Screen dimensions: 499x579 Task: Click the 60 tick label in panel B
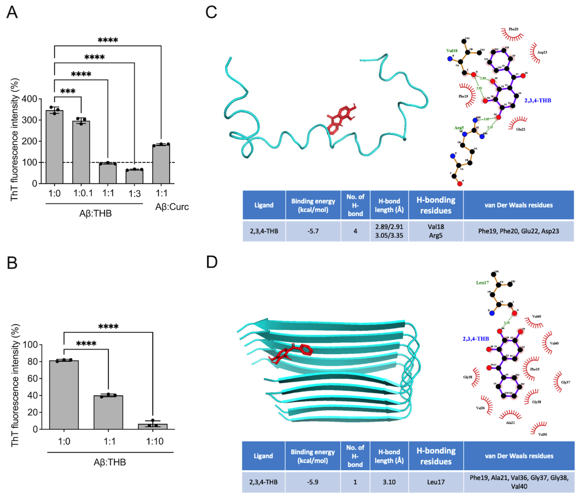(x=33, y=378)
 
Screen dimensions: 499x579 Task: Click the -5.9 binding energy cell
(x=312, y=482)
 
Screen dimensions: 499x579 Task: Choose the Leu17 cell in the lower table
(x=436, y=482)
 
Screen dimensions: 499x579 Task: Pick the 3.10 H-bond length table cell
(x=389, y=482)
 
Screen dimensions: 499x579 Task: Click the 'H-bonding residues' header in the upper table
(x=436, y=205)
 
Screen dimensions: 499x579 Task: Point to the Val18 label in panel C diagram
(x=452, y=51)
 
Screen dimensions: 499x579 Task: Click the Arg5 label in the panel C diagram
(x=459, y=128)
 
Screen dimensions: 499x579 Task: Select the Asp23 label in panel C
(x=542, y=52)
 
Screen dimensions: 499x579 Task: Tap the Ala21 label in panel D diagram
(x=510, y=423)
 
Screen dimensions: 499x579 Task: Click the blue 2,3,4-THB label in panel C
(x=538, y=100)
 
